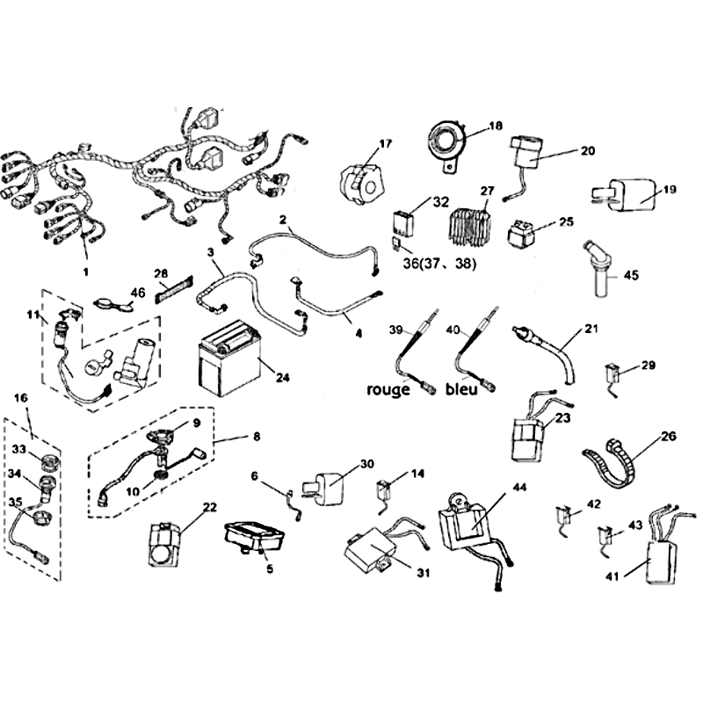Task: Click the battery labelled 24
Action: pyautogui.click(x=229, y=359)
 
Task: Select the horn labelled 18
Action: pyautogui.click(x=446, y=143)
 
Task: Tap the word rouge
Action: pyautogui.click(x=388, y=389)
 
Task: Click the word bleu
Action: pyautogui.click(x=461, y=388)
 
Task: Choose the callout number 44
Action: pyautogui.click(x=518, y=488)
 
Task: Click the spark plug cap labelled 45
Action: pyautogui.click(x=598, y=269)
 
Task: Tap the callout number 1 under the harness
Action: pyautogui.click(x=85, y=272)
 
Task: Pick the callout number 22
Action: pyautogui.click(x=209, y=507)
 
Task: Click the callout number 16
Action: pyautogui.click(x=20, y=398)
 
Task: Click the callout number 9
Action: pyautogui.click(x=197, y=423)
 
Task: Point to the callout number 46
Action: pyautogui.click(x=138, y=293)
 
